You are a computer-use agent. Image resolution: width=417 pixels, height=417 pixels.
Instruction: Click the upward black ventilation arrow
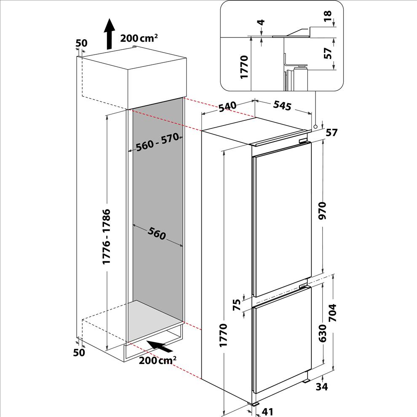(x=109, y=34)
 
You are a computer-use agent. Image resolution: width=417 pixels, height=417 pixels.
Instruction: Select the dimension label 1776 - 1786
(x=107, y=237)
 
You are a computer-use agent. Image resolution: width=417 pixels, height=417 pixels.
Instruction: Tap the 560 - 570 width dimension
(x=157, y=142)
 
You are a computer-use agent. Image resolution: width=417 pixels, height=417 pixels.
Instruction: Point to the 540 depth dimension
(x=227, y=107)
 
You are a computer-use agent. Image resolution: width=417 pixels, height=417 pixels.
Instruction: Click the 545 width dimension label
(x=283, y=106)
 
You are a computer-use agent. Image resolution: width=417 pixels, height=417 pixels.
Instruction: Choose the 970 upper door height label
(x=322, y=211)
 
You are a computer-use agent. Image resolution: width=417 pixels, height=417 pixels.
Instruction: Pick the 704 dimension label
(x=333, y=313)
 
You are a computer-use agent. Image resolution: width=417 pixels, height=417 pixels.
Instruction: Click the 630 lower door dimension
(x=322, y=333)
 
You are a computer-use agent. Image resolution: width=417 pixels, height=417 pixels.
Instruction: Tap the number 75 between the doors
(x=237, y=305)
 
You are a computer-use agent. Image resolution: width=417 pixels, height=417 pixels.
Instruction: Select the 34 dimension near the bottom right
(x=322, y=387)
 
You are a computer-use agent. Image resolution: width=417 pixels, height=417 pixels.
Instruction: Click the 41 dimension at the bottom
(x=267, y=412)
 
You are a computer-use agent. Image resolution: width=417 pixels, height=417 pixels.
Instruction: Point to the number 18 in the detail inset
(x=328, y=16)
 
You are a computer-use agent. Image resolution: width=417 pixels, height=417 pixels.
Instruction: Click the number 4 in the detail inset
(x=262, y=22)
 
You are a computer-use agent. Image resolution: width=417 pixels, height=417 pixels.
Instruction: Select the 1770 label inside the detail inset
(x=244, y=67)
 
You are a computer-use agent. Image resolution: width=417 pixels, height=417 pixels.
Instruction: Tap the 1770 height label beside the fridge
(x=223, y=335)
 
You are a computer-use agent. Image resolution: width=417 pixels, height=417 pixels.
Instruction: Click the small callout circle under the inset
(x=315, y=127)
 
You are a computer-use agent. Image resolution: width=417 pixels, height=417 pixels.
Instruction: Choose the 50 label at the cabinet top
(x=81, y=43)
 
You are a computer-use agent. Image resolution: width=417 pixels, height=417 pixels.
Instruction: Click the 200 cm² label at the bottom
(x=158, y=361)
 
